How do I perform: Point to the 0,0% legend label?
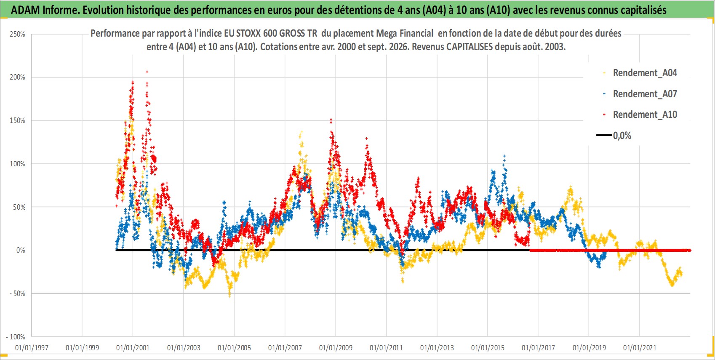point(622,136)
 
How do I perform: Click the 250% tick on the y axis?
point(17,34)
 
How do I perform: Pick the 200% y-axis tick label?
point(17,77)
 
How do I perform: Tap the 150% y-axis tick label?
point(17,121)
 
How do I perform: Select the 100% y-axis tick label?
point(17,164)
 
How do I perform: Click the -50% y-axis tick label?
point(17,293)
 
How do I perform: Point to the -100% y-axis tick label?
point(15,337)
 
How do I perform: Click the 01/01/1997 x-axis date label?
point(32,347)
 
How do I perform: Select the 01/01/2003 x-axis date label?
point(184,347)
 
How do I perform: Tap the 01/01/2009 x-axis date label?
point(336,347)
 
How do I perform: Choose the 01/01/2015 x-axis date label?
point(488,347)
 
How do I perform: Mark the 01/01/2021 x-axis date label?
point(640,347)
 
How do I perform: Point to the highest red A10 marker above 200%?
point(147,72)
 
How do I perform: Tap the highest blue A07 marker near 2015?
point(504,156)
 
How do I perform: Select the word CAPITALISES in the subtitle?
point(470,47)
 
